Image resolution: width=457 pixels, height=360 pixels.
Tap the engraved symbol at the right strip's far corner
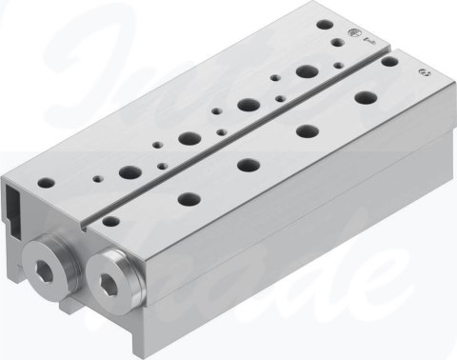click(421, 73)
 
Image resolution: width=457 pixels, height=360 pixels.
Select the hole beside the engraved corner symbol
click(389, 63)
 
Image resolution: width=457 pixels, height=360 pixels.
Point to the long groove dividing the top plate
click(238, 132)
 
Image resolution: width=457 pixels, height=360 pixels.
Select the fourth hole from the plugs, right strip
click(307, 130)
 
